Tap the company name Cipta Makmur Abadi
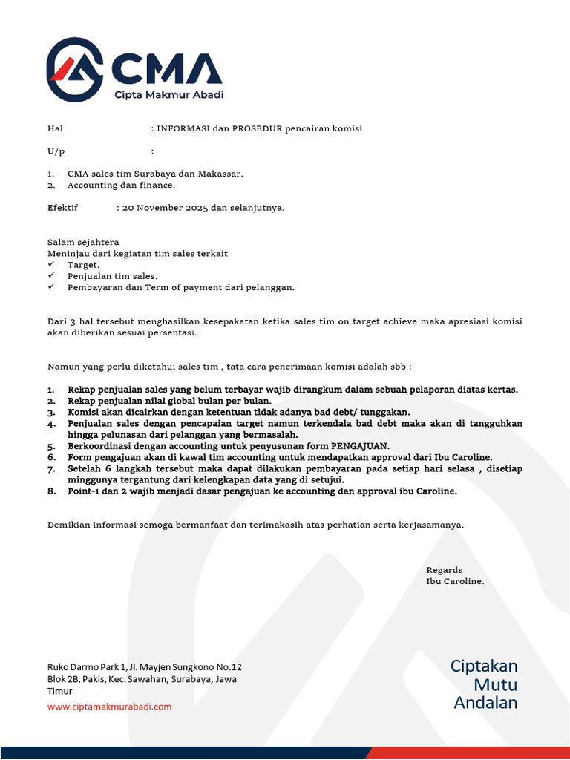coord(168,94)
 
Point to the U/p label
coord(56,151)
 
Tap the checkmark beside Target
coord(51,264)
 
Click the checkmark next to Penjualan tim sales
coord(51,275)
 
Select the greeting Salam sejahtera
coord(83,242)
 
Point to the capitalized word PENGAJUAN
coord(361,446)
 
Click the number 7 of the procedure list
coord(50,469)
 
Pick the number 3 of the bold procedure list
coord(50,412)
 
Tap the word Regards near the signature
coord(445,570)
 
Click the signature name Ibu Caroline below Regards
coord(455,581)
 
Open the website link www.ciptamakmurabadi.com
coord(109,707)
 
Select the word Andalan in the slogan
coord(485,703)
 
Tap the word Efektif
coord(62,208)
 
